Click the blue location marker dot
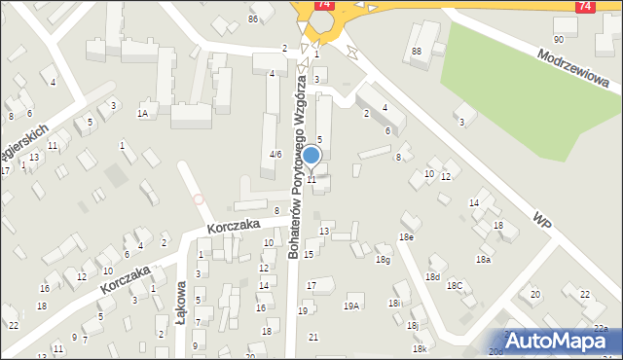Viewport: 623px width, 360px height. (x=311, y=155)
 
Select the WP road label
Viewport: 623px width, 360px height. (x=543, y=219)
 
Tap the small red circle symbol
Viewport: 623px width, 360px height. (x=199, y=199)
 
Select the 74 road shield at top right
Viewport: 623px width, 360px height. (x=584, y=6)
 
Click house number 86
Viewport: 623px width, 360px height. (x=253, y=18)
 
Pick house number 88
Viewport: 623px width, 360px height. (x=416, y=51)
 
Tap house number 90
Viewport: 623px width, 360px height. (x=558, y=39)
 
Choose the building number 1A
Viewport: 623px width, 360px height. (x=142, y=114)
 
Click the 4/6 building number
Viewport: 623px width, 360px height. (x=275, y=154)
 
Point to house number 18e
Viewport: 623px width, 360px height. (x=406, y=237)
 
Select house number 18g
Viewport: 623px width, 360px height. (x=384, y=260)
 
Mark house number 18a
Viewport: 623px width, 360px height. (x=483, y=260)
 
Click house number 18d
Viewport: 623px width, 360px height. (x=432, y=277)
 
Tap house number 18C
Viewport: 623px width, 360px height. (x=455, y=285)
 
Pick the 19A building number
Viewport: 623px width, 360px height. (x=351, y=306)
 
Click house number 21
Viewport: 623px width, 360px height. (x=312, y=337)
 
